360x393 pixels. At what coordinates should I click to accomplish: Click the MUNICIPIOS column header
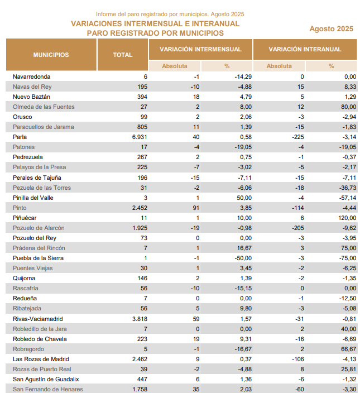[x=51, y=55]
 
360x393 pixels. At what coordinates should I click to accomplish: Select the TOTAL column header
[x=122, y=55]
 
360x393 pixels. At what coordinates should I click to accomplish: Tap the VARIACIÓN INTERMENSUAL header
[x=200, y=49]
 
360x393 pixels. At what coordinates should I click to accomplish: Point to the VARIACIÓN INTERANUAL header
[x=305, y=49]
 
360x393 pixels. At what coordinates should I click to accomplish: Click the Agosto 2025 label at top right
[x=331, y=29]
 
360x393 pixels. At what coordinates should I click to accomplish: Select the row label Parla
[x=20, y=137]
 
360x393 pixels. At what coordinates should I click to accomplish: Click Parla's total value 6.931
[x=140, y=137]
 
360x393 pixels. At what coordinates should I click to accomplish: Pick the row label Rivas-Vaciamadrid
[x=38, y=319]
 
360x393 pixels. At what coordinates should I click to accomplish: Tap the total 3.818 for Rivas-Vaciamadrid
[x=140, y=319]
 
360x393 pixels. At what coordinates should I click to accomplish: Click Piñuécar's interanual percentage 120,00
[x=347, y=218]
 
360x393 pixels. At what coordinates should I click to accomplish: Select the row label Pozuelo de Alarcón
[x=39, y=228]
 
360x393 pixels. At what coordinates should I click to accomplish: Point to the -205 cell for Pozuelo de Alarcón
[x=298, y=228]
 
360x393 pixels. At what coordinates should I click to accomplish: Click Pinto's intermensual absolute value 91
[x=196, y=208]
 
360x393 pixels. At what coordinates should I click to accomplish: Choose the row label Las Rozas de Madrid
[x=41, y=359]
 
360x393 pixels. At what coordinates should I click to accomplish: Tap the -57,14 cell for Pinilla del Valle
[x=348, y=198]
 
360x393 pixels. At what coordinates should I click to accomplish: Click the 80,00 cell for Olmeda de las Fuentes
[x=348, y=107]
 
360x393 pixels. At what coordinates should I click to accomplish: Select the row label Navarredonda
[x=32, y=76]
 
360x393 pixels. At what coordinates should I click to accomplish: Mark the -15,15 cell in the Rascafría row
[x=243, y=289]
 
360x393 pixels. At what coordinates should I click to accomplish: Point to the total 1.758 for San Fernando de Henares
[x=140, y=389]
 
